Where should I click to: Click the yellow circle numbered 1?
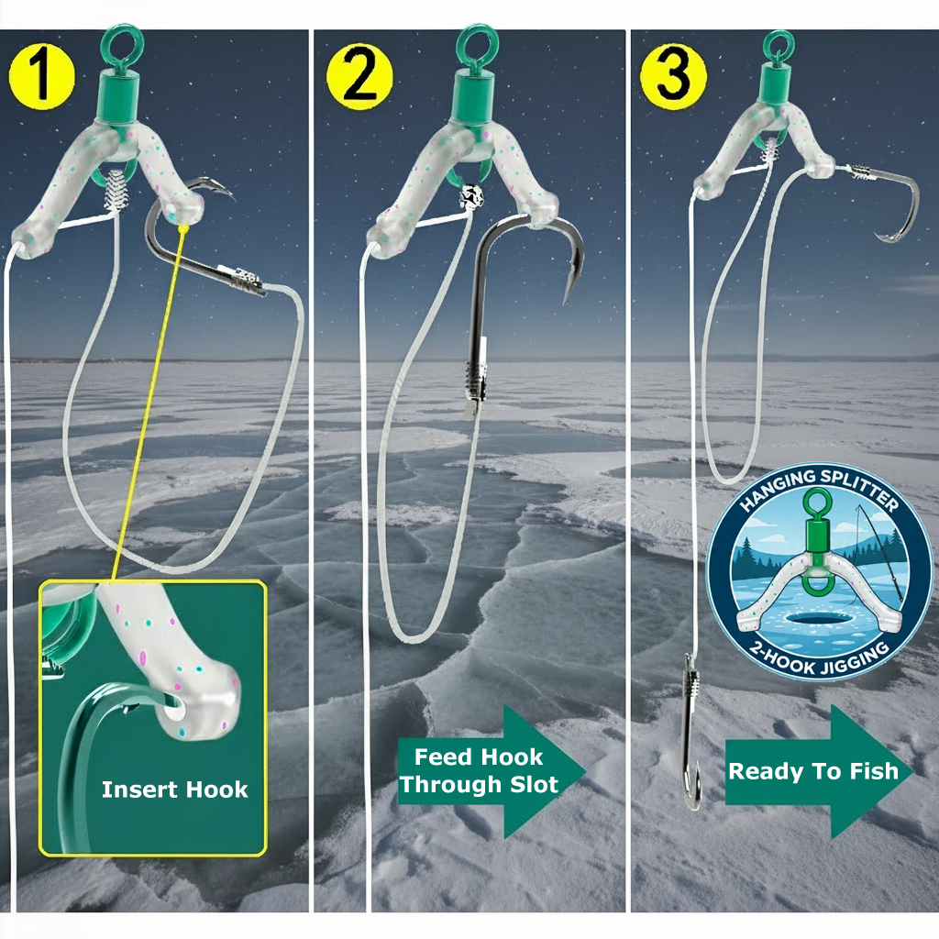42,77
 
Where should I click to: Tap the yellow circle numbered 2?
359,76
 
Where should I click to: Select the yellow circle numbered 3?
673,76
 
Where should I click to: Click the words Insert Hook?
174,790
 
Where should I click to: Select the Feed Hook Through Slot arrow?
492,771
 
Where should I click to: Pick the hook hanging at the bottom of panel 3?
691,732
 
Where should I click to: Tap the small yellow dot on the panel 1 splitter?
183,228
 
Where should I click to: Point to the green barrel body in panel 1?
120,95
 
